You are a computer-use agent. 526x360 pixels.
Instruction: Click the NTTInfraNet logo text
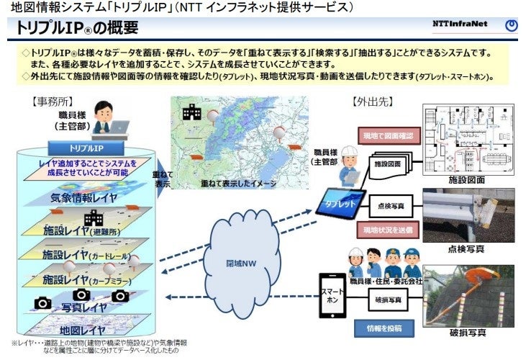(460, 24)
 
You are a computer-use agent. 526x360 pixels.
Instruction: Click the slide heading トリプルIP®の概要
(77, 29)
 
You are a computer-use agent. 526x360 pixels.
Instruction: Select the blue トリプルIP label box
(86, 148)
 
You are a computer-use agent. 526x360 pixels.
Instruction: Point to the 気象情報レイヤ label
(83, 197)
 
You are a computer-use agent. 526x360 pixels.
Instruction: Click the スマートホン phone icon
(332, 295)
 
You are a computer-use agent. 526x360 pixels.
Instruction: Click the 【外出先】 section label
(371, 101)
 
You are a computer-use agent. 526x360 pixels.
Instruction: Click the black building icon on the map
(191, 112)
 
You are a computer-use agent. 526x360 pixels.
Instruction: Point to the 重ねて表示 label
(162, 179)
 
